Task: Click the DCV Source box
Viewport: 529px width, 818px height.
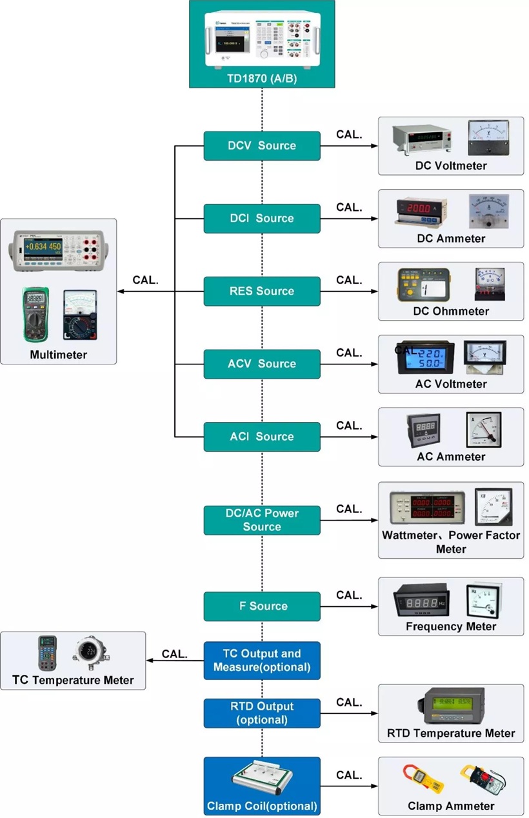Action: [x=262, y=146]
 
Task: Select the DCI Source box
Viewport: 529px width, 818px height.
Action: [x=262, y=219]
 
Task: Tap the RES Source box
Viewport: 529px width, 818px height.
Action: [x=262, y=291]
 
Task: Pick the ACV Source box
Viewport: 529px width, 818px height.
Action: [x=262, y=364]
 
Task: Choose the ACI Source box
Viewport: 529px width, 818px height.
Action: [x=262, y=437]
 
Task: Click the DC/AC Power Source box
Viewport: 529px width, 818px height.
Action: [x=262, y=520]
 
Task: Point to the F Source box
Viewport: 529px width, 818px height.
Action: [x=262, y=606]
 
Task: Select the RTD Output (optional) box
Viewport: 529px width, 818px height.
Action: [x=262, y=713]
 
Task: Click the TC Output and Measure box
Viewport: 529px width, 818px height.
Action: [x=262, y=660]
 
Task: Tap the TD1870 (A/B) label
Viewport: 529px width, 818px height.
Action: [x=262, y=79]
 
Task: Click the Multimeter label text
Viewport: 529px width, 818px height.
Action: [x=58, y=355]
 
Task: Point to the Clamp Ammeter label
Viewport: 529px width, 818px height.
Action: [x=451, y=806]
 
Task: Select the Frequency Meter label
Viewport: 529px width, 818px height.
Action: [x=451, y=626]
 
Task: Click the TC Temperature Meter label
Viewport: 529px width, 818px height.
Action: [x=73, y=680]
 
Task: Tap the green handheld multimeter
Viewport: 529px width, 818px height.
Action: [x=35, y=314]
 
